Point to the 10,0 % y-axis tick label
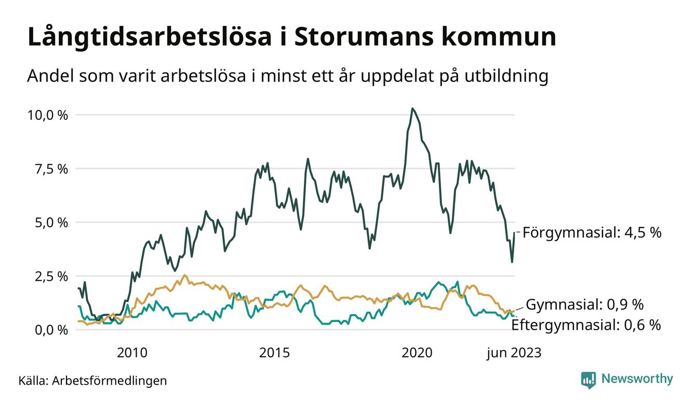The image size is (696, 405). [47, 115]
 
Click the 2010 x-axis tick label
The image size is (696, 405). [132, 353]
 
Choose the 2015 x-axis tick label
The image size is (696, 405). [274, 353]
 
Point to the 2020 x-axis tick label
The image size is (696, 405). [417, 353]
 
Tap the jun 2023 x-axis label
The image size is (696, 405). [513, 353]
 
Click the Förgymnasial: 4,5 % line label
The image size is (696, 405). [592, 233]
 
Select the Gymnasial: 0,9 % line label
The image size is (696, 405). [585, 304]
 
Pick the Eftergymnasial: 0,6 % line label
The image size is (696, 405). [586, 326]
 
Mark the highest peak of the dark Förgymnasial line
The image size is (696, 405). [412, 109]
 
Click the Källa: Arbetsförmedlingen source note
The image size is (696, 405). [92, 381]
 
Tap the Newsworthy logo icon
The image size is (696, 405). [588, 380]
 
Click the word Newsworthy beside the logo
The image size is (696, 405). [637, 379]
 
